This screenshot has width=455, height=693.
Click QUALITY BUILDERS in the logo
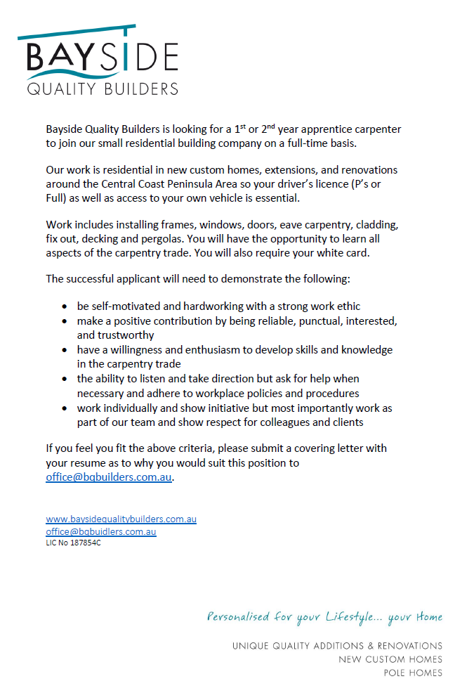103,89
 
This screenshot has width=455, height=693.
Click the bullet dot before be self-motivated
65,307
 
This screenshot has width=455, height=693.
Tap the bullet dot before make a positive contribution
65,321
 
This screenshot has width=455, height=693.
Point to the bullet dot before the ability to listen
65,379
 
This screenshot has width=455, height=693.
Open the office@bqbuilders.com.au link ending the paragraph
109,477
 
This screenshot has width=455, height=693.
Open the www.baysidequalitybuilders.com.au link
121,519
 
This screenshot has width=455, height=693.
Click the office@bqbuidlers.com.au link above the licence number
101,531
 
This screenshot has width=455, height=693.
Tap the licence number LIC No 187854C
73,543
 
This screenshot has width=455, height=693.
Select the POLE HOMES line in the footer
413,673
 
